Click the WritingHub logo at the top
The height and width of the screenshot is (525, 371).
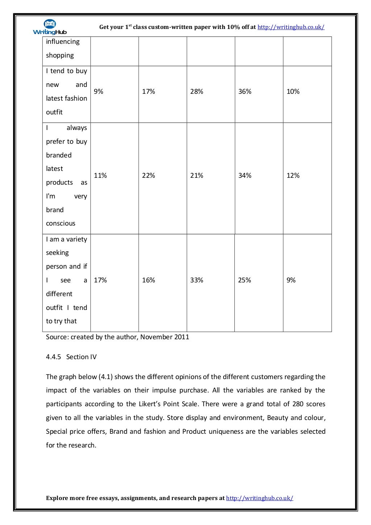50,27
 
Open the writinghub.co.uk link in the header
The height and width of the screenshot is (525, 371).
291,27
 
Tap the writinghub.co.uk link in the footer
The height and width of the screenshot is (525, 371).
259,498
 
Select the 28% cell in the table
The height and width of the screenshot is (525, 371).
196,92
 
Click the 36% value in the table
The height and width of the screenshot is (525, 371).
245,92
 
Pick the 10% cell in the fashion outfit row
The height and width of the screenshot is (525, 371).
293,92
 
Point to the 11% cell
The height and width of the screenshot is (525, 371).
100,176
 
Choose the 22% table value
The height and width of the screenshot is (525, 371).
148,176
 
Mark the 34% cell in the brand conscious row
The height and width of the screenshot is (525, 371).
245,176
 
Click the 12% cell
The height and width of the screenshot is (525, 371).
293,176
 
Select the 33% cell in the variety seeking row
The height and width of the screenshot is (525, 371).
196,280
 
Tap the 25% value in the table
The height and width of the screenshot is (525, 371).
245,280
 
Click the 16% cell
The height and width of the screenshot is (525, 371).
148,280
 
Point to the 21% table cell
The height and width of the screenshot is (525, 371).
196,176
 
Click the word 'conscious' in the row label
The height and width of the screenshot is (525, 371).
61,223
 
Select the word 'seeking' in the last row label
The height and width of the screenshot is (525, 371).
57,253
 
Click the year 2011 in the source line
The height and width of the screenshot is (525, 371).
181,337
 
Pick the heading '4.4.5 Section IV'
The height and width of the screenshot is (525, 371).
71,357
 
